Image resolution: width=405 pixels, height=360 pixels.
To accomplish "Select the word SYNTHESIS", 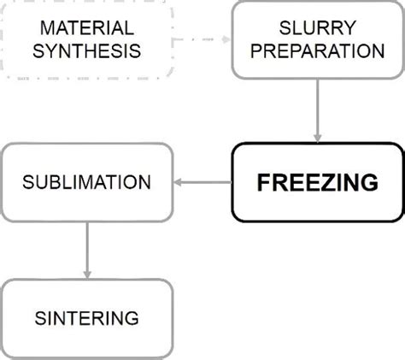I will (87, 51).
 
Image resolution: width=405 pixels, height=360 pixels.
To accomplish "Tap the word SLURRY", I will (318, 29).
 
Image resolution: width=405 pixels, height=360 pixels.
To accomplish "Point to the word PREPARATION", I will (318, 51).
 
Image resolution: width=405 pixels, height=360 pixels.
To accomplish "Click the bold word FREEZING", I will (318, 182).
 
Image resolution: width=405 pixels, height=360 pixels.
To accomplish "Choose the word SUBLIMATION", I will (87, 182).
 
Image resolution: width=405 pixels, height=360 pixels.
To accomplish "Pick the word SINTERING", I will (87, 318).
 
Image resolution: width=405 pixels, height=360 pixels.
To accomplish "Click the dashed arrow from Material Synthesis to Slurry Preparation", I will (202, 40).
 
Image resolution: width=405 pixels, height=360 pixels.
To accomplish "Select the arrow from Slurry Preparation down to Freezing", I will (318, 109).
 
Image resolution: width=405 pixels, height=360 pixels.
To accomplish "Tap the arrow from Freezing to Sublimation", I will (203, 182).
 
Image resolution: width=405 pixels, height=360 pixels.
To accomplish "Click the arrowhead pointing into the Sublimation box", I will (179, 182).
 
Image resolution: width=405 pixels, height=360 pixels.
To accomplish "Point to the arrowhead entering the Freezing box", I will (318, 138).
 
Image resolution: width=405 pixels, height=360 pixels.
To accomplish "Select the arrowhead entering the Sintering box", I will (87, 274).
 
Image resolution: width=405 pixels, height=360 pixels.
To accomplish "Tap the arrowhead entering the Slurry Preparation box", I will (226, 40).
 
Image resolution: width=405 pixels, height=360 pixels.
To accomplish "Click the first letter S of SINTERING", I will (41, 318).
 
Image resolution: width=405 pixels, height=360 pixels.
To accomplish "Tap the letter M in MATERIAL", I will (36, 29).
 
